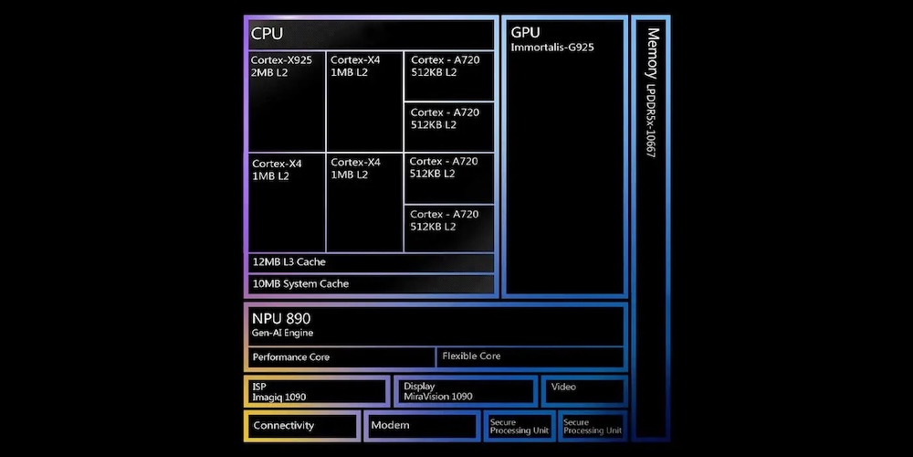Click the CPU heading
(267, 33)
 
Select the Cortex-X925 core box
(287, 101)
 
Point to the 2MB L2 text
(269, 72)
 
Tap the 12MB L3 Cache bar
(372, 262)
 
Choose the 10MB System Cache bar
(372, 284)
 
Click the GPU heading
(525, 32)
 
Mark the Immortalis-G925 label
(552, 48)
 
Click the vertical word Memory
(654, 53)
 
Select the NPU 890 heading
(280, 318)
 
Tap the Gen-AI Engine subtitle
(282, 334)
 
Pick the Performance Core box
(341, 357)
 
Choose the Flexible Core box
(530, 357)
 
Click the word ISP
(259, 386)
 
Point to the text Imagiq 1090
(279, 398)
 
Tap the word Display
(419, 386)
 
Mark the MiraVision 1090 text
(438, 397)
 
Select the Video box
(584, 391)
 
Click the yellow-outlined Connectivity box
(302, 426)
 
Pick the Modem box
(422, 426)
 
